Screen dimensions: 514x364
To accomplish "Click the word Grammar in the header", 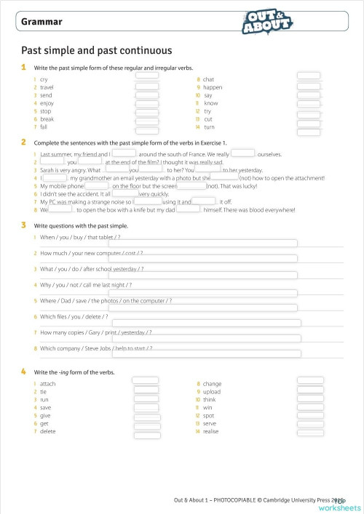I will click(41, 22).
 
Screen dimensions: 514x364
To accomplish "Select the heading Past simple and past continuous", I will click(96, 50).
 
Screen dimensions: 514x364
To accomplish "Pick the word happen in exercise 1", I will click(213, 87).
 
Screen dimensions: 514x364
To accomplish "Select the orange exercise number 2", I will click(24, 142).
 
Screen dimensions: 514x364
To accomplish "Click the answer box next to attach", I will click(147, 381).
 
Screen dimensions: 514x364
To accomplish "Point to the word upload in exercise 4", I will click(212, 391).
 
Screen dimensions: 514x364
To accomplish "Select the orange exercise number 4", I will click(24, 372).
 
